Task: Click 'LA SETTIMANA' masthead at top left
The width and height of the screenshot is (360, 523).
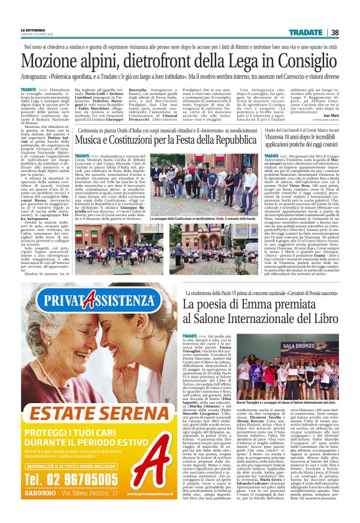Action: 33,30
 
